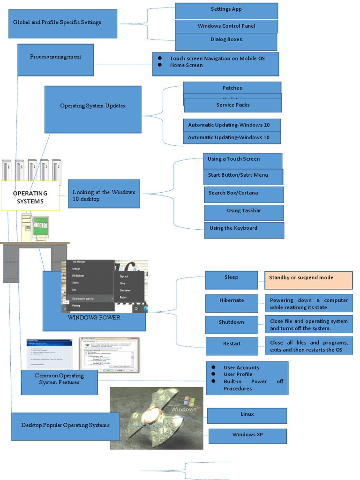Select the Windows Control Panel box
(x=226, y=26)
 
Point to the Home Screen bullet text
(x=186, y=66)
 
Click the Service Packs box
(x=233, y=105)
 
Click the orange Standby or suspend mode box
(x=308, y=280)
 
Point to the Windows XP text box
(x=247, y=435)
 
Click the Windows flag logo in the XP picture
(x=189, y=401)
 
